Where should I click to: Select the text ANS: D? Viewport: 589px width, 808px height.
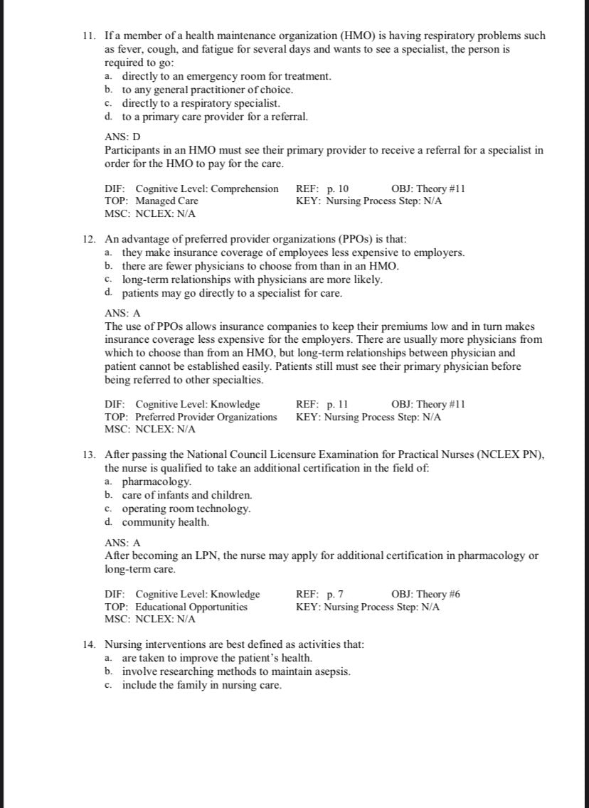[123, 137]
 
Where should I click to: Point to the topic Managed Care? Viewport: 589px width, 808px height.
[166, 201]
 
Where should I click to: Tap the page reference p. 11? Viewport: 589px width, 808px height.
[337, 404]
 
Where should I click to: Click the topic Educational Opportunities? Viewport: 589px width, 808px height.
[191, 607]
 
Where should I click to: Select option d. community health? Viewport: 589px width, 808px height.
[165, 522]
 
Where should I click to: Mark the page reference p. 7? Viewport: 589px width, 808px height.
[335, 594]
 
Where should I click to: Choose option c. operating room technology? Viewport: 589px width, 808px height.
[186, 509]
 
